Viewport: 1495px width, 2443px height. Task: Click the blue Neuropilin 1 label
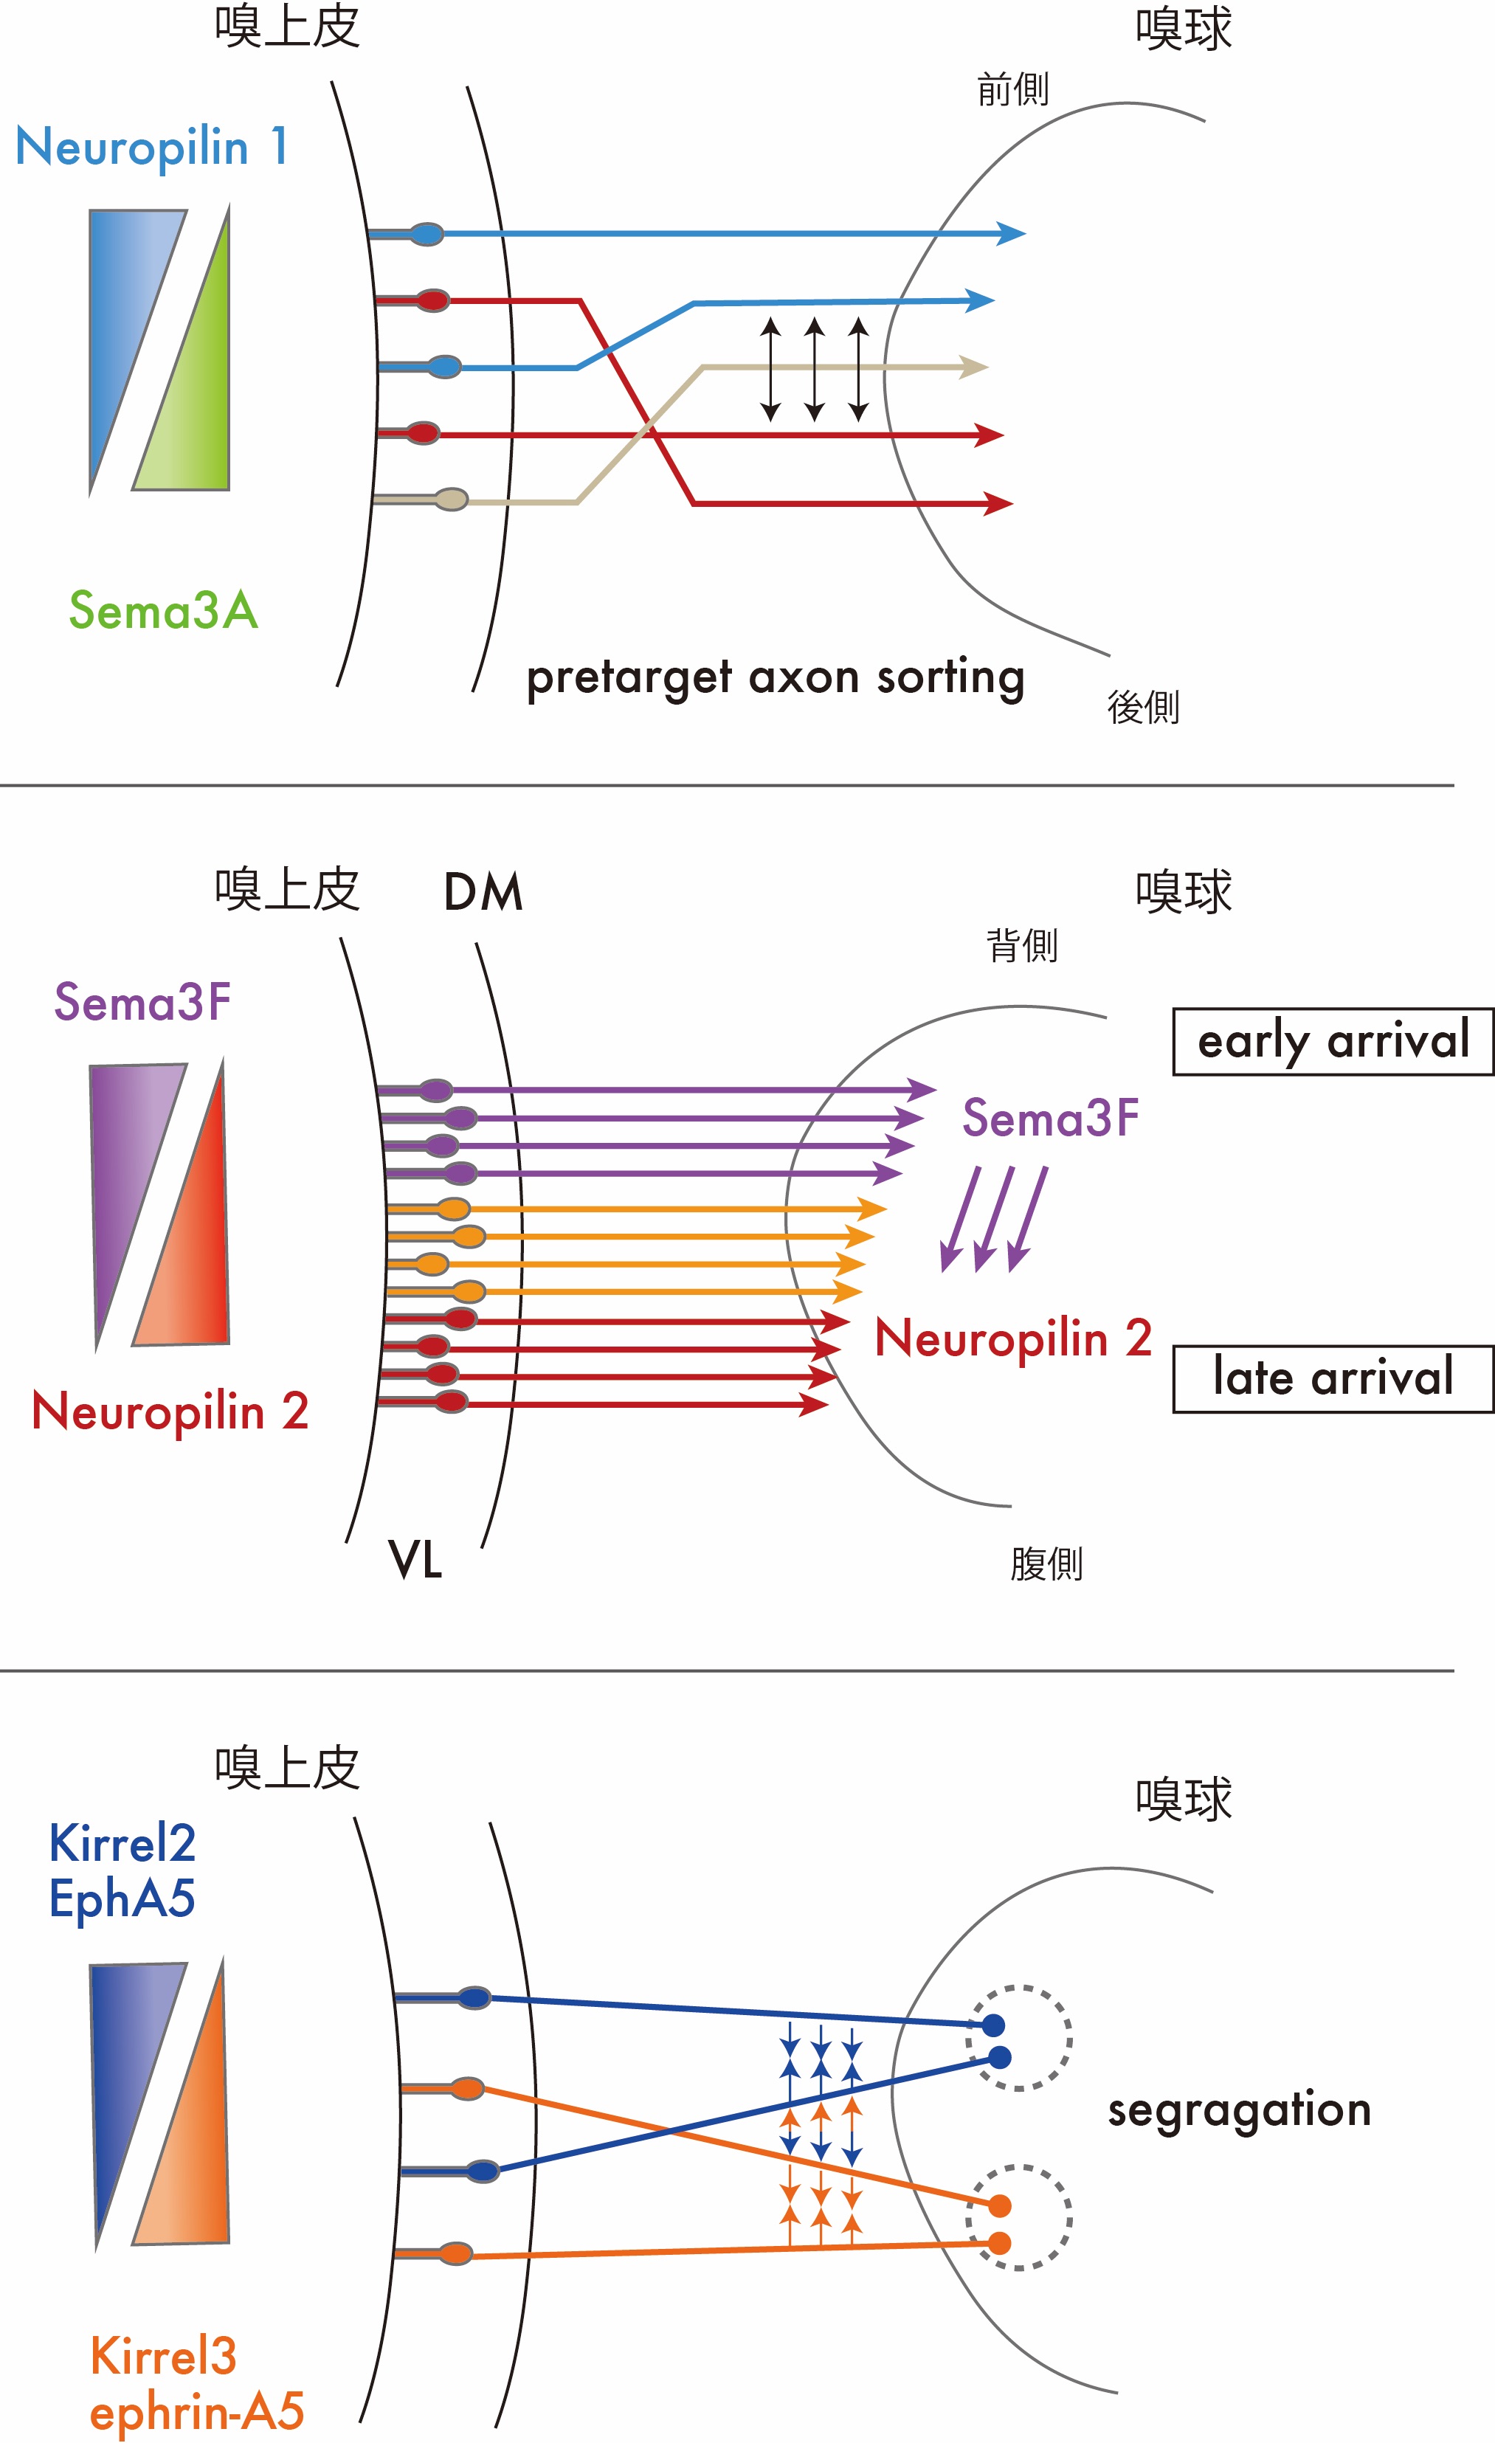[x=152, y=148]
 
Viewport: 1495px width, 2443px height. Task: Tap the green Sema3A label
[x=164, y=609]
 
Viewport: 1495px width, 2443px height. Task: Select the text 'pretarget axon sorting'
[x=776, y=678]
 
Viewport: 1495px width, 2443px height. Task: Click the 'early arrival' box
[x=1333, y=1041]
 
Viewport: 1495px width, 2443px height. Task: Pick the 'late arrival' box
[x=1333, y=1378]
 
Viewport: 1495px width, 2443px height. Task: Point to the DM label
[x=483, y=892]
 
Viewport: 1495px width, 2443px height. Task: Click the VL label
[x=415, y=1560]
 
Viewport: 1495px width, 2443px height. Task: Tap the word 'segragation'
[x=1239, y=2110]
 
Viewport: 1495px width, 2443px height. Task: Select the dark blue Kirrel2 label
[x=122, y=1844]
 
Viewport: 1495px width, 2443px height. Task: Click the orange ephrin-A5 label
[x=196, y=2411]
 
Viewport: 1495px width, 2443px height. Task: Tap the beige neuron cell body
[x=451, y=500]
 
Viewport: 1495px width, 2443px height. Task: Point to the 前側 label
[x=1012, y=90]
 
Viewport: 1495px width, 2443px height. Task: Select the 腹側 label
[x=1046, y=1563]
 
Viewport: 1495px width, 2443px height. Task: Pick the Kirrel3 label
[x=164, y=2356]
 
